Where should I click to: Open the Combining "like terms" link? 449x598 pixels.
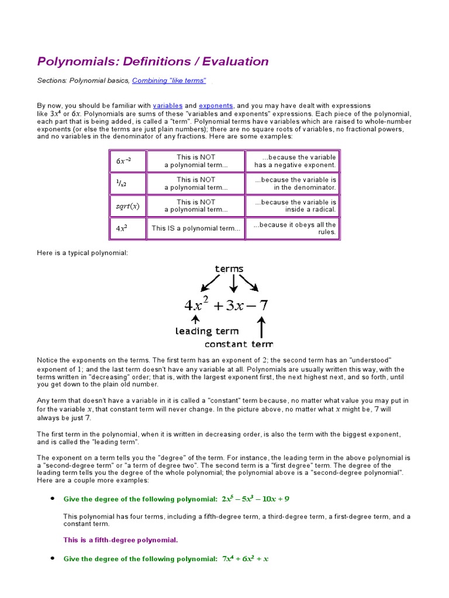coord(169,81)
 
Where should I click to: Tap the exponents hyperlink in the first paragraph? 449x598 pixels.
coord(216,105)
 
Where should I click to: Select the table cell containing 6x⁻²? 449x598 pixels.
coord(127,161)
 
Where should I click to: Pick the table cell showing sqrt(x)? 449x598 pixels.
coord(127,206)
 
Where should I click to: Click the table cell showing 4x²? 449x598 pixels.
coord(127,228)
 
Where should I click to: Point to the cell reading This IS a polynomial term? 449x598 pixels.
coord(196,228)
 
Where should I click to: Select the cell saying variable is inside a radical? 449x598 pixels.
coord(293,206)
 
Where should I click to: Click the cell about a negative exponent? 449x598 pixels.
coord(293,161)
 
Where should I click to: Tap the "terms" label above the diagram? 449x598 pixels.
coord(229,269)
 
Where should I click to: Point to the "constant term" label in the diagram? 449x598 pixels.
coord(239,344)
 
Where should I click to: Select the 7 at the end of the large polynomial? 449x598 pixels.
coord(263,305)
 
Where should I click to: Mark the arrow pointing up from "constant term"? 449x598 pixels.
coord(261,326)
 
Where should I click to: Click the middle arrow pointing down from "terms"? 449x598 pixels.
coord(233,283)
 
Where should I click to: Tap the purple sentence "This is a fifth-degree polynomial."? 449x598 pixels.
coord(120,540)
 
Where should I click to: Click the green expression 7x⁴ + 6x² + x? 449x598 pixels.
coord(245,559)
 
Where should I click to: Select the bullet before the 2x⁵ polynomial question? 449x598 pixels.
coord(52,499)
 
